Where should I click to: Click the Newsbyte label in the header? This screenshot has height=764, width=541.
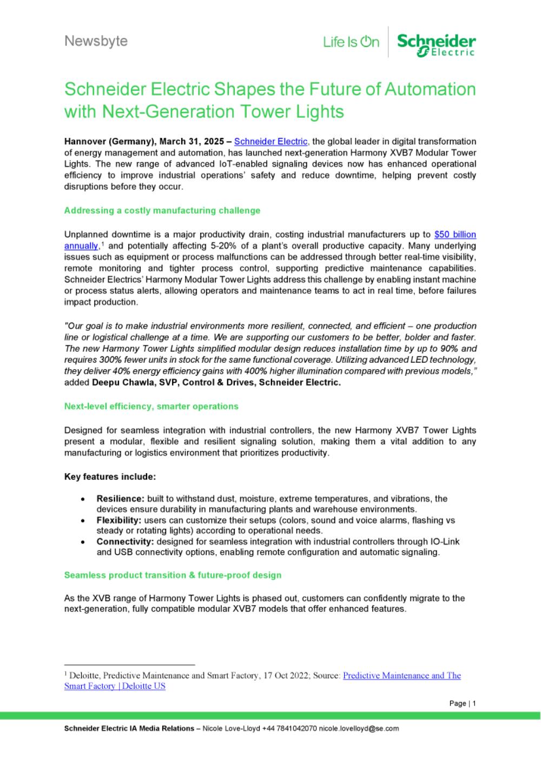[96, 41]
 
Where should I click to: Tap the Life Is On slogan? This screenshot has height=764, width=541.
[351, 42]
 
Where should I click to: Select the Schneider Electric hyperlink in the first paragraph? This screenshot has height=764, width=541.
[270, 142]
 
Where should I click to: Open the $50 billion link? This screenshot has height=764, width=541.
[455, 235]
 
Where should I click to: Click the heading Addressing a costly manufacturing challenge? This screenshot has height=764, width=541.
[162, 210]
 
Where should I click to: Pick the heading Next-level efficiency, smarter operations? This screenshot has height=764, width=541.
[151, 406]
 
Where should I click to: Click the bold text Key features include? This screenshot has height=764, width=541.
[110, 476]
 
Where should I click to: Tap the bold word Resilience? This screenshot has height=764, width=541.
[120, 499]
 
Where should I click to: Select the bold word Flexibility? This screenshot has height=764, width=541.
[119, 520]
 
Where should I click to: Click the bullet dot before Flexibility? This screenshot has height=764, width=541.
[82, 521]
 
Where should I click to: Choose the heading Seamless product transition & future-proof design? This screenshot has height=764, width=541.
[173, 575]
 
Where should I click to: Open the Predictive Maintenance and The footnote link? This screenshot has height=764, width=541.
[401, 675]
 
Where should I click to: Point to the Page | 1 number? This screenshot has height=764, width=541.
[463, 703]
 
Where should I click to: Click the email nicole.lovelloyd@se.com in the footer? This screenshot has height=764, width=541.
[359, 728]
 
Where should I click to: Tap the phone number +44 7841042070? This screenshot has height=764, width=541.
[289, 728]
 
